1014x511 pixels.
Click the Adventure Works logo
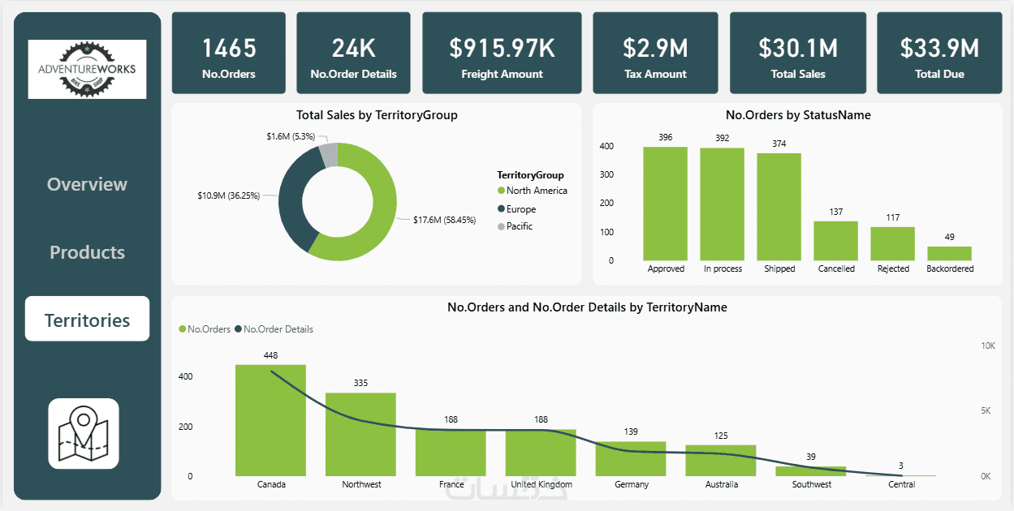pos(87,69)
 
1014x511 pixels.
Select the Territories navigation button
pos(88,320)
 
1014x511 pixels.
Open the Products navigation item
pos(88,252)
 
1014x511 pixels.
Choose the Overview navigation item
pos(88,184)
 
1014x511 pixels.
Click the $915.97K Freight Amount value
pos(502,49)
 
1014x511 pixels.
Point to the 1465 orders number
pos(228,49)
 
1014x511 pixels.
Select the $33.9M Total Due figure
pos(939,49)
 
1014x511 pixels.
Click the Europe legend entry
pos(520,209)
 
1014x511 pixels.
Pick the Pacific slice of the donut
pos(327,153)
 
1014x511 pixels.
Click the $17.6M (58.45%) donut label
pos(446,220)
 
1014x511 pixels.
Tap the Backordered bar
pos(949,253)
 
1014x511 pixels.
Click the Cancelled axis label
pos(836,268)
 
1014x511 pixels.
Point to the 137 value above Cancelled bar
pos(836,213)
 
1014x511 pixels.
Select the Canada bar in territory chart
pos(270,420)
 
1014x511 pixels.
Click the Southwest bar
pos(811,471)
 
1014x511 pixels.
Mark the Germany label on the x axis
pos(632,484)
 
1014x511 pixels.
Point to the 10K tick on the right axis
pos(988,346)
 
